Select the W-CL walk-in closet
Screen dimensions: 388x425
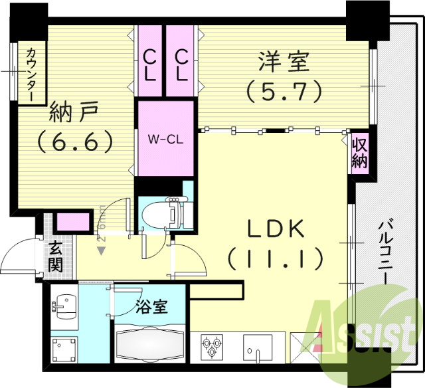pos(165,138)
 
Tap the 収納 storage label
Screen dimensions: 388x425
pos(359,152)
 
